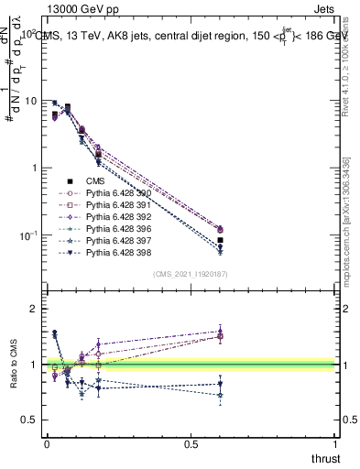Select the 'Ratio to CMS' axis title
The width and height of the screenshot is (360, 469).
point(13,377)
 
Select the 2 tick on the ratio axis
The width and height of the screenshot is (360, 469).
point(32,309)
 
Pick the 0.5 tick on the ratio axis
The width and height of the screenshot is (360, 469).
point(28,420)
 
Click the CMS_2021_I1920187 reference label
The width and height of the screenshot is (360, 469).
point(191,274)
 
